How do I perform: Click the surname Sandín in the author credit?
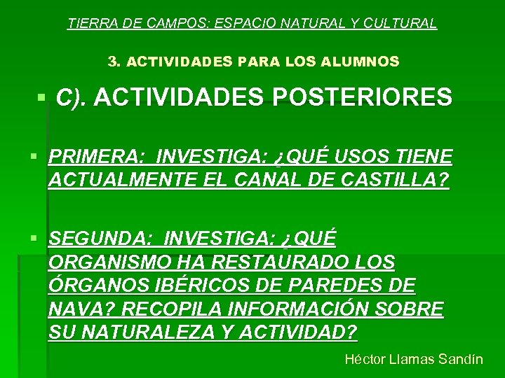(460, 359)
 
